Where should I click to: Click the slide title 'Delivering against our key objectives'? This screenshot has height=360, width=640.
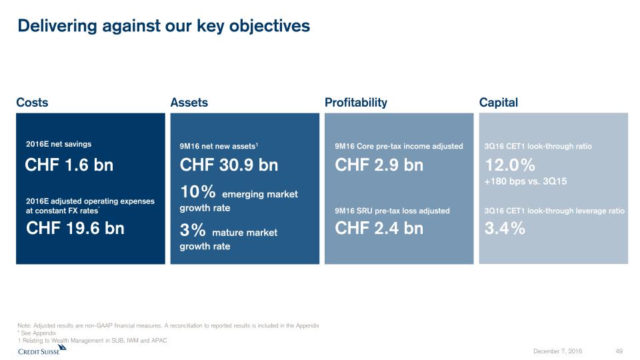[x=164, y=26]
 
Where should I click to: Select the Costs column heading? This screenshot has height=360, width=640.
[x=32, y=103]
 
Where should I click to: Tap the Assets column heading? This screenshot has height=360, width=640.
[x=189, y=103]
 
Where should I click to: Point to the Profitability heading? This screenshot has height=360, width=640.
[x=356, y=103]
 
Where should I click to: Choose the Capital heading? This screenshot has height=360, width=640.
[x=499, y=103]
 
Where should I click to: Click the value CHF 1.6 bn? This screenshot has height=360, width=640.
[x=69, y=165]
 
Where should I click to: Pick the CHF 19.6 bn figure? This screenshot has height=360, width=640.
[x=75, y=228]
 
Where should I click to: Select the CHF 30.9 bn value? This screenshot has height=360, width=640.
[x=229, y=165]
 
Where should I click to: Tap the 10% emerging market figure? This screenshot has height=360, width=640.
[x=197, y=191]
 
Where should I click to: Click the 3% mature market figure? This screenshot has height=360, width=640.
[x=193, y=230]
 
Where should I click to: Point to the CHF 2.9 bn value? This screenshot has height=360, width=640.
[x=379, y=165]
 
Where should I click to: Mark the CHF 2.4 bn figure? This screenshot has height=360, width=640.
[x=379, y=228]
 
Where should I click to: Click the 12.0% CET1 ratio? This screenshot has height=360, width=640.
[x=510, y=165]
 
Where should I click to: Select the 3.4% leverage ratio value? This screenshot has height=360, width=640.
[x=505, y=228]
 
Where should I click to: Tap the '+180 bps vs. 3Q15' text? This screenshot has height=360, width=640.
[x=526, y=181]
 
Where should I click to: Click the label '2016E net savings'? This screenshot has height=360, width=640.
[x=59, y=144]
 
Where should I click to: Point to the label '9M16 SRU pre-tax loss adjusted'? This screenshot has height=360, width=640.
[x=392, y=211]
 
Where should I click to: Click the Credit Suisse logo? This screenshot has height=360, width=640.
[x=42, y=350]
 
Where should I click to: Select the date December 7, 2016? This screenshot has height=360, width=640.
[x=557, y=351]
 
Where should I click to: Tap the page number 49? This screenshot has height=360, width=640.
[x=619, y=351]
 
